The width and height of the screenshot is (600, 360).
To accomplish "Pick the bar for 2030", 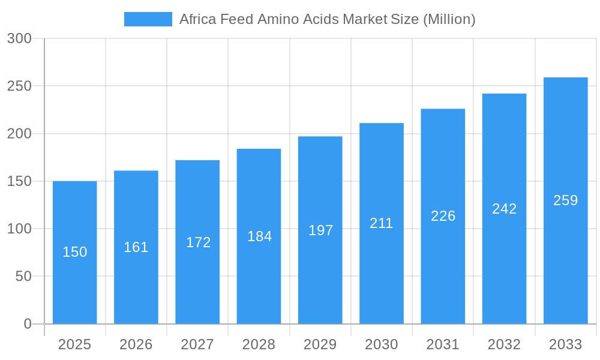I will tap(381, 270).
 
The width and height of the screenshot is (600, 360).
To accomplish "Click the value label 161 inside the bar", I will tap(136, 247).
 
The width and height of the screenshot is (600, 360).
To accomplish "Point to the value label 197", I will tap(321, 230).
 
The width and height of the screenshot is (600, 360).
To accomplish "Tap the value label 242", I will tap(504, 209).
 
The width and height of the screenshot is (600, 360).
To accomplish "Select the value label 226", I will tap(443, 216).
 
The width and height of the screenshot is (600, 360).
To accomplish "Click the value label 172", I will tap(198, 242).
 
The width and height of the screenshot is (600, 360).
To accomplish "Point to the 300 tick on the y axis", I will tap(19, 38).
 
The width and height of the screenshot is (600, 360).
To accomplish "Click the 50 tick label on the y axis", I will tap(23, 277).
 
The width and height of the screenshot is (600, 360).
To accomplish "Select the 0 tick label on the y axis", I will tap(27, 324).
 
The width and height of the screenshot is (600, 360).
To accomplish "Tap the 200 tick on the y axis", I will tap(19, 134).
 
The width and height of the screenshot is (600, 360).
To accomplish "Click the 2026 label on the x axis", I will tap(136, 344).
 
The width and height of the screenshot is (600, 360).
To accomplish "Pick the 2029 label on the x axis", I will tap(320, 344).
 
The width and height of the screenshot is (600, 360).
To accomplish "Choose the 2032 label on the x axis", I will tap(504, 344).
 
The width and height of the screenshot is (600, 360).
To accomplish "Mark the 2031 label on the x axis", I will tap(443, 344).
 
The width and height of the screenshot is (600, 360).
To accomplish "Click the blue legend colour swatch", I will tap(148, 19).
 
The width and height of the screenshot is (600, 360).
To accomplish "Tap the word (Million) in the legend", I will tap(449, 19).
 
